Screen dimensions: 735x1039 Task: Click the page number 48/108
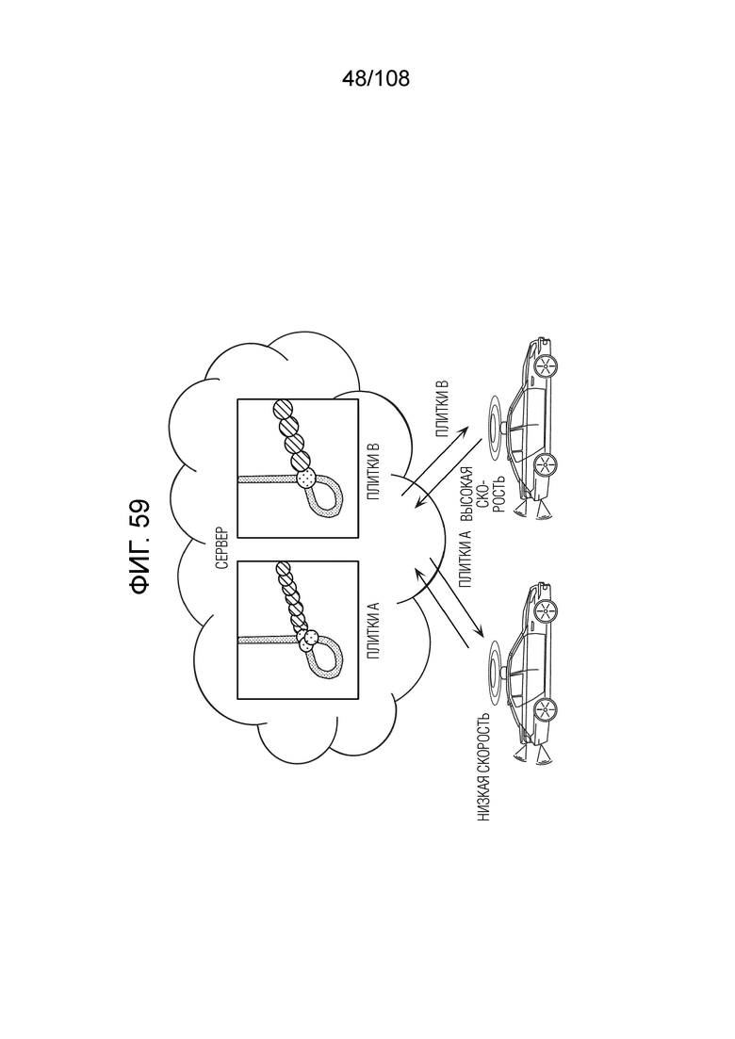376,79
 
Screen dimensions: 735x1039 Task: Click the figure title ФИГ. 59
139,546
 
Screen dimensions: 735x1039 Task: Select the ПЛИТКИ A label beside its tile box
373,630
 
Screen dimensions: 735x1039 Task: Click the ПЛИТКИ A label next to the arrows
465,560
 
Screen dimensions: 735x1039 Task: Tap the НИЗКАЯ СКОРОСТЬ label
484,768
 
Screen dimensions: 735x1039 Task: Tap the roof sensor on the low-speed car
505,672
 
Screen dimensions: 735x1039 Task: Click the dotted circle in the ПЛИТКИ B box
307,478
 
